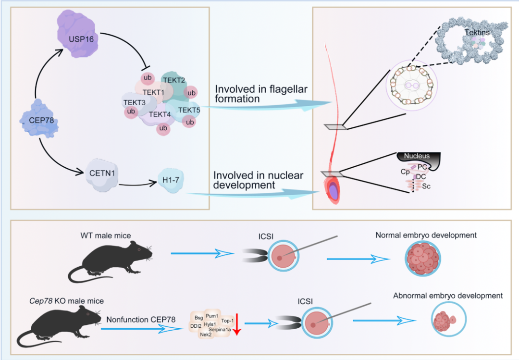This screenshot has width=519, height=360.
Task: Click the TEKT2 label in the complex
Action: [x=174, y=80]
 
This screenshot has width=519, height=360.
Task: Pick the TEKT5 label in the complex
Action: [x=189, y=110]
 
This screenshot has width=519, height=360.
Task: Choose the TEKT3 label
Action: [x=134, y=102]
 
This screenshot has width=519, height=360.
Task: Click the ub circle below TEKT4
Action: [x=163, y=128]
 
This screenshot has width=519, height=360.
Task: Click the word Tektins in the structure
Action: [x=478, y=33]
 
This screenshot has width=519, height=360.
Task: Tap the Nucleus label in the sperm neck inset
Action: [x=417, y=156]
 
